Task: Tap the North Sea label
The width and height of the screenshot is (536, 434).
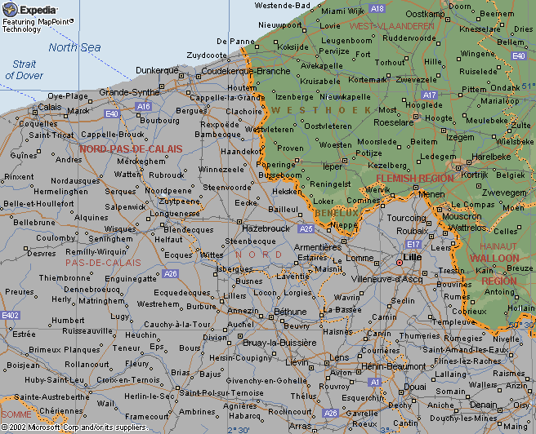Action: tap(74, 47)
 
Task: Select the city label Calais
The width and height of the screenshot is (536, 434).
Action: tap(50, 107)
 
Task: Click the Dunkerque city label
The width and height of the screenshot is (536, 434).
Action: tap(156, 70)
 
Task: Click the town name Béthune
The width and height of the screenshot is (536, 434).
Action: tap(290, 312)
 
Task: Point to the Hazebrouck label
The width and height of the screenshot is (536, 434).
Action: tap(266, 229)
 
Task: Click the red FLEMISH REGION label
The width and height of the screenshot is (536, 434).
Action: tap(414, 178)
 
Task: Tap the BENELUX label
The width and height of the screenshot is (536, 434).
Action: tap(330, 212)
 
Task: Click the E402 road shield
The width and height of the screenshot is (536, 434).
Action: tap(11, 315)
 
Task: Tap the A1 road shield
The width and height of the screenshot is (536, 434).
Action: tap(374, 381)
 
